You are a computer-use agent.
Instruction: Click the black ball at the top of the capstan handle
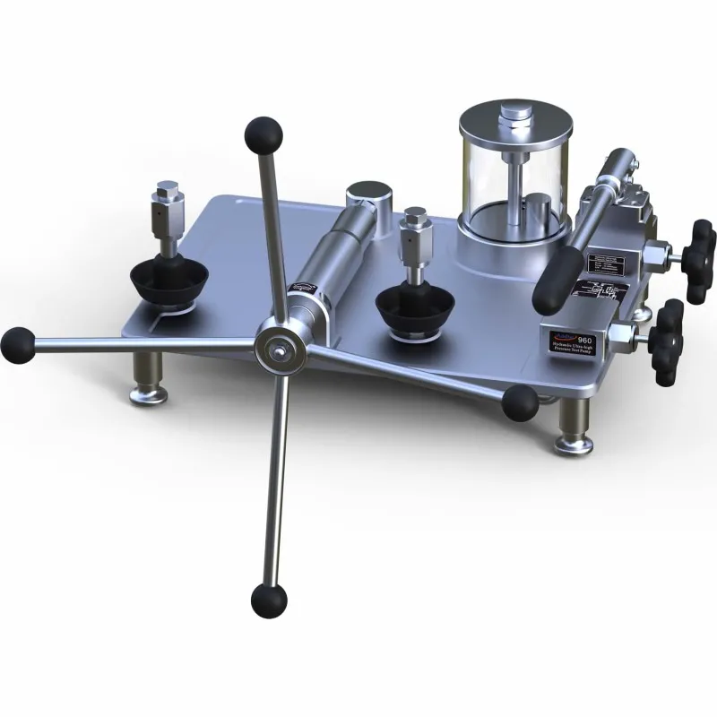coord(263,134)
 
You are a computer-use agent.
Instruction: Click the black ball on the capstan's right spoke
coord(520,403)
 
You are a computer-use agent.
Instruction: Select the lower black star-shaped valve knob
coord(668,341)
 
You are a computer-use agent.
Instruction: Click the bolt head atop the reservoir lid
coord(514,113)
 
